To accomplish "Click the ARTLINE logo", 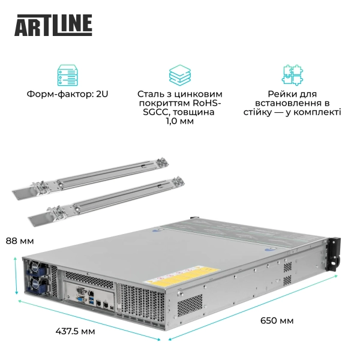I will (x=53, y=24).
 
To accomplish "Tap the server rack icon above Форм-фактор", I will (x=67, y=74).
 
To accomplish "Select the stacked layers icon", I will (x=179, y=74).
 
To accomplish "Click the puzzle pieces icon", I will (x=292, y=74).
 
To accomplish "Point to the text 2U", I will (x=101, y=94).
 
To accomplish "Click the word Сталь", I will (x=151, y=94).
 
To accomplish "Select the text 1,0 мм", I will (x=179, y=121).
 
